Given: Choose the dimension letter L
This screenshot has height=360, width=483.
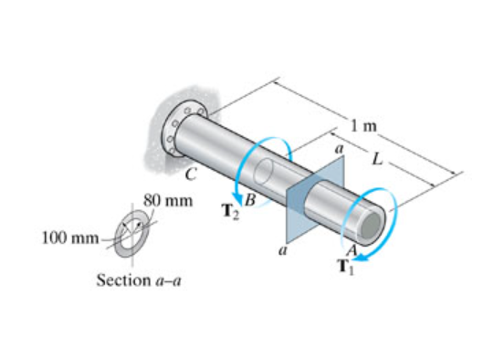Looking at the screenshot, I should [x=376, y=162].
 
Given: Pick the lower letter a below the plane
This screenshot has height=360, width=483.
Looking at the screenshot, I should [x=283, y=247].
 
